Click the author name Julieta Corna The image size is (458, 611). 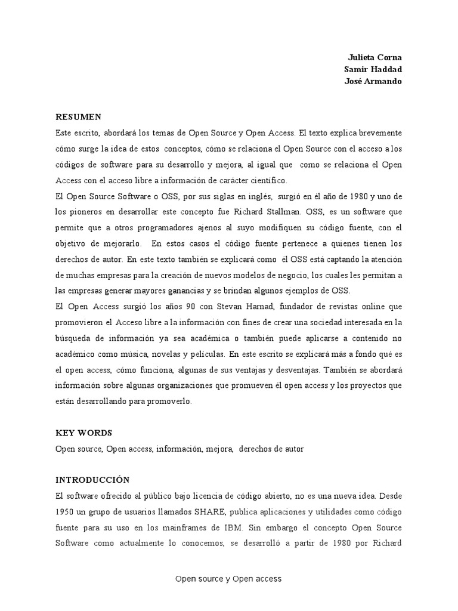tap(375, 57)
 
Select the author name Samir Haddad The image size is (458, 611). tap(373, 69)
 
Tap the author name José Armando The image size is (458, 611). tap(373, 81)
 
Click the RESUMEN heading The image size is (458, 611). tap(78, 116)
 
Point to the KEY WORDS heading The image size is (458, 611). tap(83, 433)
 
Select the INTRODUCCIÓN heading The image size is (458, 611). tap(92, 480)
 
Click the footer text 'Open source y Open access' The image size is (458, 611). tap(228, 579)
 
